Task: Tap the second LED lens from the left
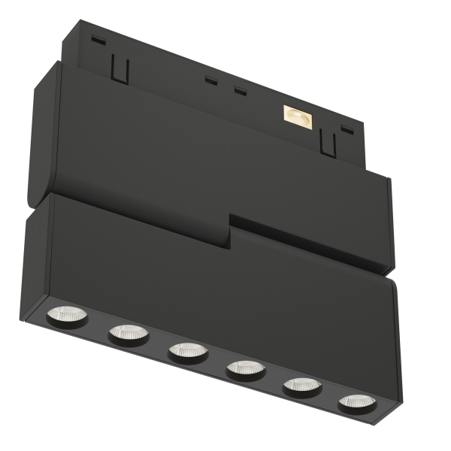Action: click(x=129, y=333)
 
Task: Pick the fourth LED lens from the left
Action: click(x=245, y=368)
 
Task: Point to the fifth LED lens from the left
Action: click(x=301, y=386)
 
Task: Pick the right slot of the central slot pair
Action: click(x=241, y=92)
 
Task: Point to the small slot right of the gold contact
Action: click(x=347, y=129)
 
